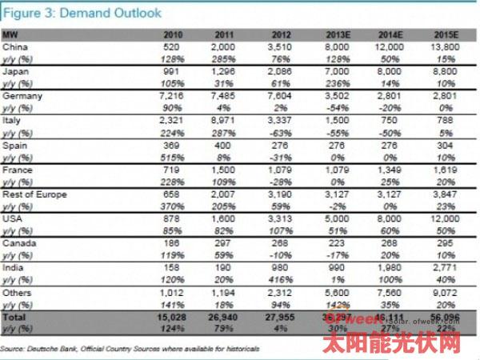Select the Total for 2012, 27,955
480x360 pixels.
[276, 318]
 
